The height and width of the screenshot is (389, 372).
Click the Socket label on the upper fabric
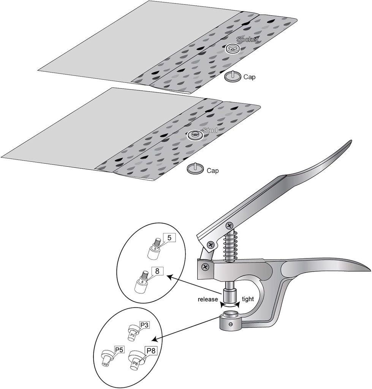pos(247,40)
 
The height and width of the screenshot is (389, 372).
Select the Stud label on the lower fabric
pos(209,130)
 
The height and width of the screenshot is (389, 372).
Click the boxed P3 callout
pos(144,325)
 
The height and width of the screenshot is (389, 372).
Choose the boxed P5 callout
pos(120,350)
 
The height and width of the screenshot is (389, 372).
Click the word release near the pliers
pos(207,299)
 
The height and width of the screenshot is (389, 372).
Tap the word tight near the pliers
pos(247,299)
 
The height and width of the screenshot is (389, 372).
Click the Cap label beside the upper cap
pos(249,77)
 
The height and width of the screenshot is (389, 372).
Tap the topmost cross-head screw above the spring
pos(229,226)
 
